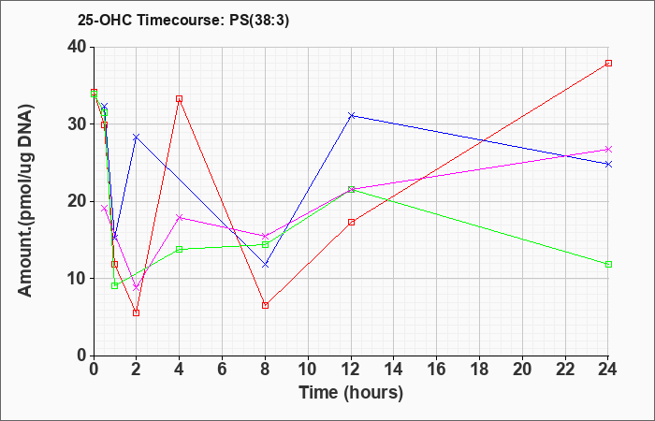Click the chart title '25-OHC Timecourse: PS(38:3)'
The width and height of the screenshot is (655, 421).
(x=183, y=21)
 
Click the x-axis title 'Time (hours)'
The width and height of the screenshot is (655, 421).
(x=351, y=393)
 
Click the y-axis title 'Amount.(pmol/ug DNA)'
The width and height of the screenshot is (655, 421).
(x=26, y=201)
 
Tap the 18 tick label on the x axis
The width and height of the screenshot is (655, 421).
(x=479, y=370)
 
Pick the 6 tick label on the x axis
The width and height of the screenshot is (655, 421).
(x=223, y=370)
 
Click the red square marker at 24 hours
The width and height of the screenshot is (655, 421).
(x=608, y=63)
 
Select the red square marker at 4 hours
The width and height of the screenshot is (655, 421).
(x=180, y=99)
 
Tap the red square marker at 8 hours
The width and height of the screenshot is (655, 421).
(x=265, y=305)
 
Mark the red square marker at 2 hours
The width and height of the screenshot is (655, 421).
(x=137, y=312)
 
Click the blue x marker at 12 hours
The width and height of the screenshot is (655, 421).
(x=351, y=115)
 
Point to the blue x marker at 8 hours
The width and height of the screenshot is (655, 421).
(x=265, y=265)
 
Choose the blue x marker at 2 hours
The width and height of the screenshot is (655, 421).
(x=137, y=137)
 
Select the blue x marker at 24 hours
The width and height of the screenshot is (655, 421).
(x=608, y=164)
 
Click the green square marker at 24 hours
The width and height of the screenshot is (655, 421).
(x=608, y=264)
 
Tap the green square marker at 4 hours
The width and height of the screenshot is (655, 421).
(x=180, y=250)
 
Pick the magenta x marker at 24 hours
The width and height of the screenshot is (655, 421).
(x=608, y=149)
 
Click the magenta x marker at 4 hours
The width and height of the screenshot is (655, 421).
(x=180, y=217)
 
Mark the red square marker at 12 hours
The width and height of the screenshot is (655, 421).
(x=351, y=223)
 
